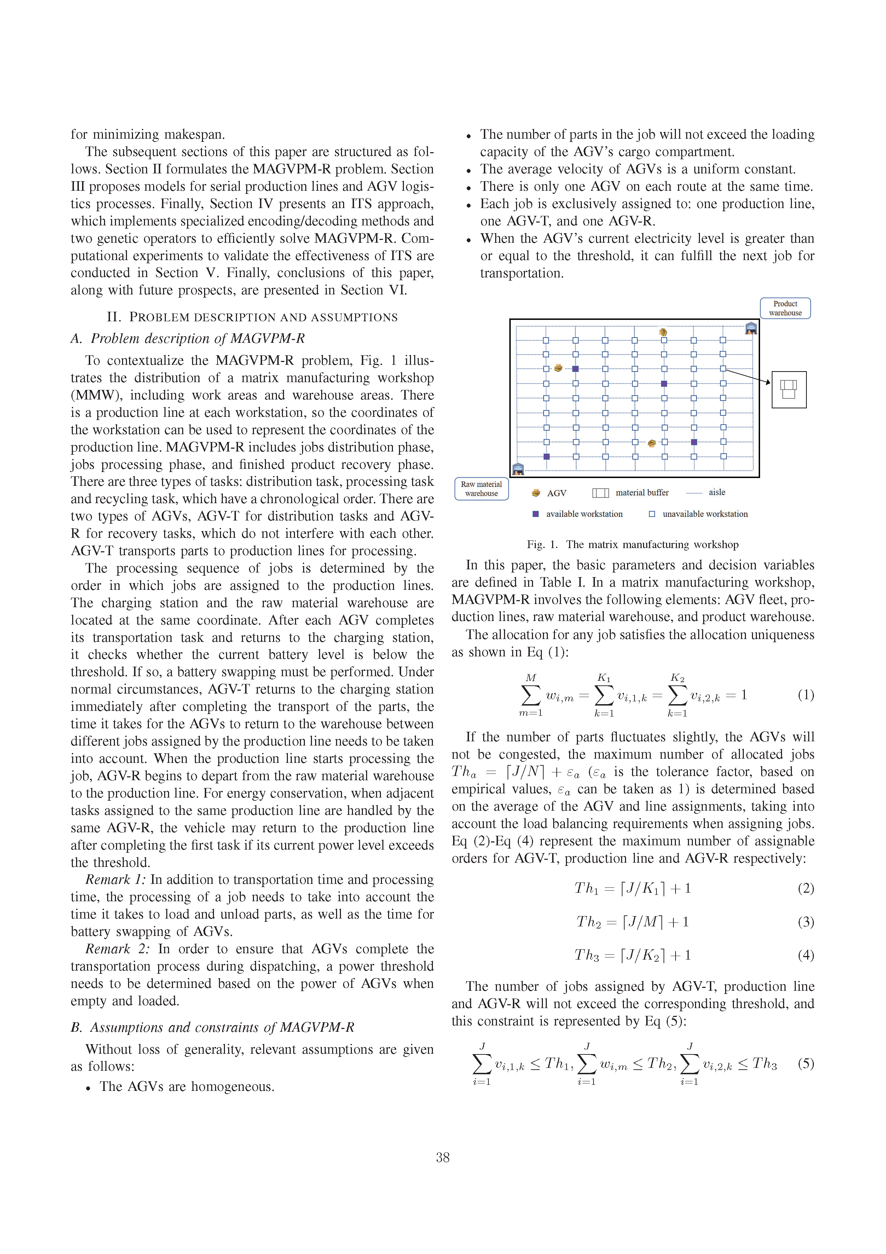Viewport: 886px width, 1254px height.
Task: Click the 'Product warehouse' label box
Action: click(784, 308)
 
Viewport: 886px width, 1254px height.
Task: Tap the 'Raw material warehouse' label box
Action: click(481, 489)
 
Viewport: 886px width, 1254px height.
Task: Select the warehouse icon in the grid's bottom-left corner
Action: click(518, 468)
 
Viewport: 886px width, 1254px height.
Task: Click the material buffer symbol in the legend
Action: click(601, 493)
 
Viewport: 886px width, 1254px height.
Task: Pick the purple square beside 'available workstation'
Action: click(535, 514)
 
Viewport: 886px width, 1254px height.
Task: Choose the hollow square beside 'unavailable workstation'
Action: click(652, 514)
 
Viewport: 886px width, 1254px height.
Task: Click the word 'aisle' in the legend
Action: click(717, 492)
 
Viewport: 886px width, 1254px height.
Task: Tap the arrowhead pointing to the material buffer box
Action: click(768, 382)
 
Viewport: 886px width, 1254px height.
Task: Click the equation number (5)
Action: click(806, 1063)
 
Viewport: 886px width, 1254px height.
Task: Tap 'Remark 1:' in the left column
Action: click(115, 879)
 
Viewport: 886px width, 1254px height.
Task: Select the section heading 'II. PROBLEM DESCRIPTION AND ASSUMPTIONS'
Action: click(252, 317)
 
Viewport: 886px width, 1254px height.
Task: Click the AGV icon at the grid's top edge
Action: click(663, 332)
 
